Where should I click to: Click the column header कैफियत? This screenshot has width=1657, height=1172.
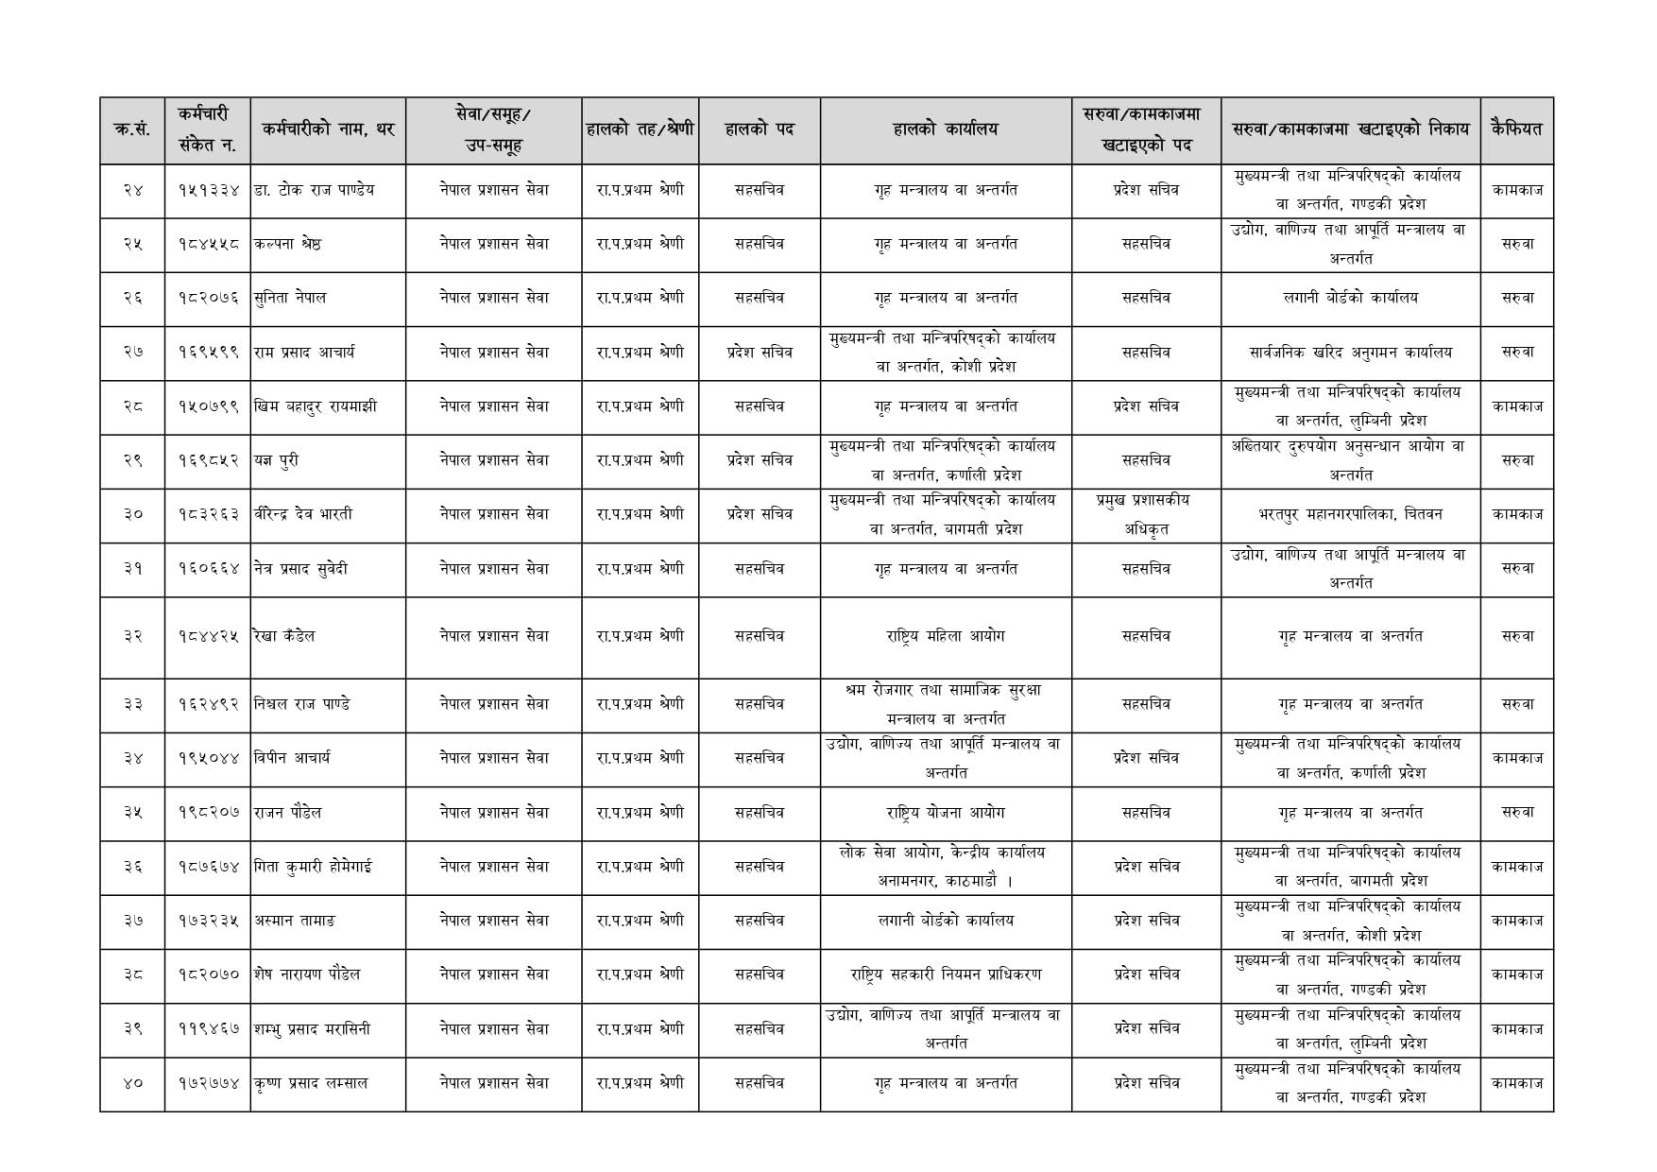tap(1516, 129)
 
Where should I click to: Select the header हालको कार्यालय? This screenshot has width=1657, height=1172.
tap(945, 129)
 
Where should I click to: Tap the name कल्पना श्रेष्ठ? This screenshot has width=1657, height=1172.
tap(287, 244)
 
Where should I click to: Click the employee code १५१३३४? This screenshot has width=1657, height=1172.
tap(209, 190)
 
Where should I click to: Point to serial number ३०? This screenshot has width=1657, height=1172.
tap(132, 515)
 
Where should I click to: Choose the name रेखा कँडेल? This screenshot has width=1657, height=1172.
tap(284, 636)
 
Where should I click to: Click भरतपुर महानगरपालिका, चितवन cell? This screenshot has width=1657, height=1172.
tap(1350, 515)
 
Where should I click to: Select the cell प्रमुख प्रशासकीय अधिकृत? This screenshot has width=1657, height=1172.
tap(1145, 515)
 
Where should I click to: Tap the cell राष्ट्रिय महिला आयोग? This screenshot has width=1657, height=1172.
tap(945, 636)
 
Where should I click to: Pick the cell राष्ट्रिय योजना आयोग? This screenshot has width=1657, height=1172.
tap(945, 813)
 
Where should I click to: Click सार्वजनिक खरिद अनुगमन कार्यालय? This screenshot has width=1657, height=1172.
tap(1350, 353)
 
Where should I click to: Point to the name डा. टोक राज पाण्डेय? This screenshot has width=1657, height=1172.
tap(314, 190)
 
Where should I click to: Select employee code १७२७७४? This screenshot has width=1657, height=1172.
tap(209, 1084)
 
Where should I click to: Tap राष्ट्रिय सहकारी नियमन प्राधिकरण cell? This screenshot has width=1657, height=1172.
tap(945, 974)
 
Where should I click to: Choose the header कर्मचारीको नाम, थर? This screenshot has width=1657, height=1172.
tap(329, 129)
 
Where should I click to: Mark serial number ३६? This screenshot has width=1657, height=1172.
tap(132, 867)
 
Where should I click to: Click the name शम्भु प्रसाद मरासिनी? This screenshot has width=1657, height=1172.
tap(312, 1029)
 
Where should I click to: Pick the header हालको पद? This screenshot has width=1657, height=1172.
tap(759, 129)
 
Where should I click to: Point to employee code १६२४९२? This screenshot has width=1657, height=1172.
tap(209, 704)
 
